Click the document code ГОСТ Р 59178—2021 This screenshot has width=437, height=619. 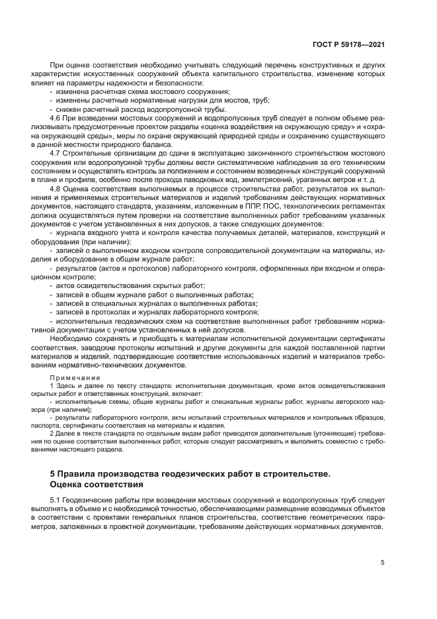tap(348, 44)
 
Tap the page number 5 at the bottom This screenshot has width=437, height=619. tap(382, 562)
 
